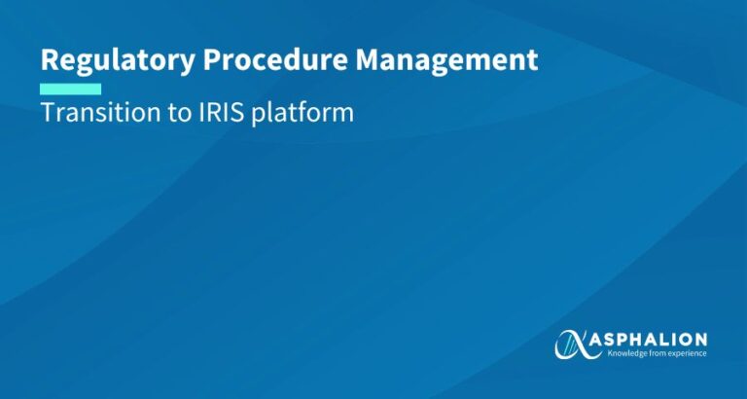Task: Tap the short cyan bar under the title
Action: coord(70,89)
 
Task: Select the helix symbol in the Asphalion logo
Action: coord(573,344)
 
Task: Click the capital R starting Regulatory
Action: coord(49,60)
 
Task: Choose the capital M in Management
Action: coord(367,60)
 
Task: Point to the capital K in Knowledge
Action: coord(611,353)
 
